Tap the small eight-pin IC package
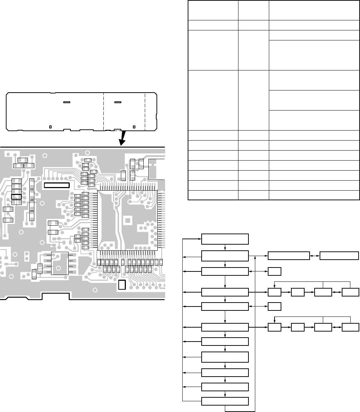point(60,263)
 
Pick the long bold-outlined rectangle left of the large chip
point(57,185)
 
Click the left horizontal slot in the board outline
point(66,102)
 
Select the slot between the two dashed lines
point(118,102)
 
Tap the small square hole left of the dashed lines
point(50,127)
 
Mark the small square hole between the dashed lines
point(134,127)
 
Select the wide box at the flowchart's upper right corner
point(339,256)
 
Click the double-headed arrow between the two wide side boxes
point(315,256)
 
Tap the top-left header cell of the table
point(213,11)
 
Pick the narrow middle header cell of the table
point(253,11)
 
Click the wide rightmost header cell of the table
point(314,11)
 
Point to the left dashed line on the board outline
point(103,111)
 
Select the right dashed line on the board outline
point(145,111)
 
